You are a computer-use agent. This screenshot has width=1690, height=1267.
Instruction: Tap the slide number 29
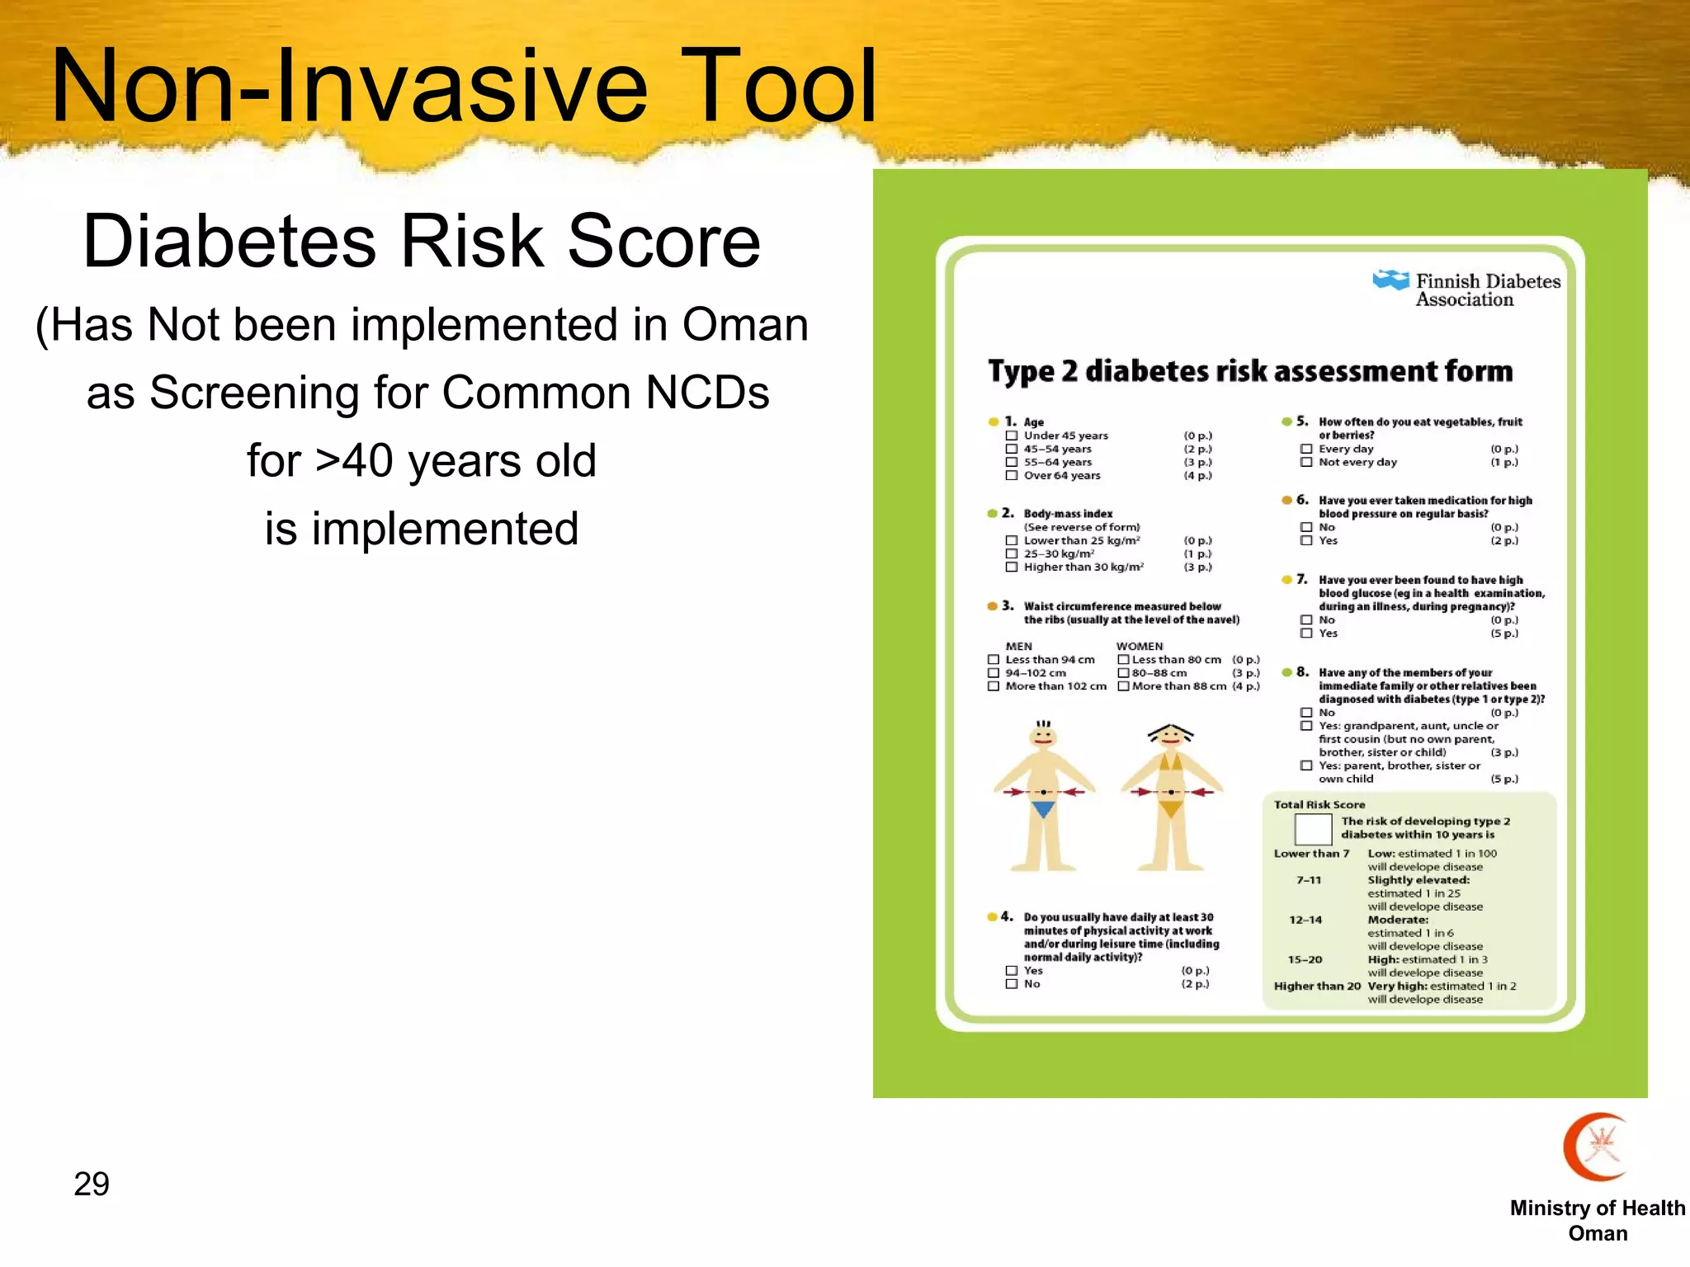[92, 1185]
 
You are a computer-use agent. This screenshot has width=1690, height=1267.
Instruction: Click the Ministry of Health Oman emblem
[1598, 1147]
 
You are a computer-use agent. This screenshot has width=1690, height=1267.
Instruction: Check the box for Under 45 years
[1011, 436]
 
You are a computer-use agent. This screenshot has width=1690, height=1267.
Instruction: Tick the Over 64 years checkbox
[1011, 475]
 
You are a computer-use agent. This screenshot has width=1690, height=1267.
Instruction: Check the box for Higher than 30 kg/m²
[1011, 567]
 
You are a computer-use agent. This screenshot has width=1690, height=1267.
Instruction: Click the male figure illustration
[1044, 796]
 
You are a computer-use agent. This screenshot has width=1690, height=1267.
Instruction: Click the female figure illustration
[1170, 796]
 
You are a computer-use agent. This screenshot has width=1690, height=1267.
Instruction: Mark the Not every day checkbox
[1306, 462]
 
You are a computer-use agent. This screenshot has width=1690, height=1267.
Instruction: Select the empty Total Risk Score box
[1313, 828]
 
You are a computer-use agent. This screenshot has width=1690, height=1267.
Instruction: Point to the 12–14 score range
[1305, 920]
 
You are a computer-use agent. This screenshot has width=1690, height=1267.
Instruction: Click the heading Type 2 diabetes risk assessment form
[1250, 371]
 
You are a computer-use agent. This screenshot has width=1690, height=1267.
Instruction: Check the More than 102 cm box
[994, 686]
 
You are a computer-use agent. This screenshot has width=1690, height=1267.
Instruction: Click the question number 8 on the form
[1302, 671]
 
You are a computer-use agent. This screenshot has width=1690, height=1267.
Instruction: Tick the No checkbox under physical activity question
[1011, 984]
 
